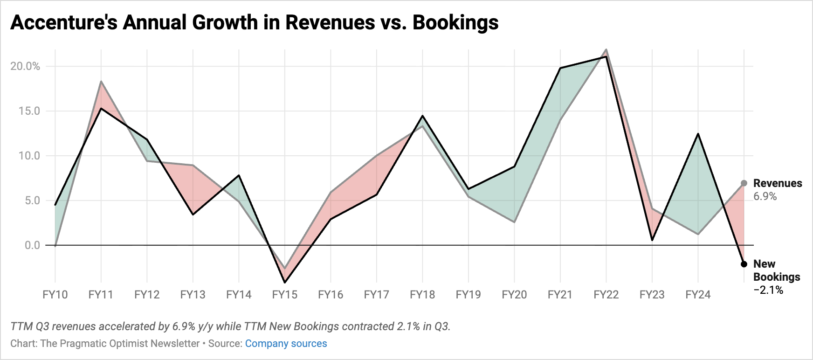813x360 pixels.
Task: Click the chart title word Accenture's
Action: [64, 22]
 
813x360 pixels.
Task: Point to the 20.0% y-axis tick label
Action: [25, 66]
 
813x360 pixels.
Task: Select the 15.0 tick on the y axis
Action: [29, 111]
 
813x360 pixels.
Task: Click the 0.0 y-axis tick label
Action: [32, 245]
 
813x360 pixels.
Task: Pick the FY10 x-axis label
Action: [55, 295]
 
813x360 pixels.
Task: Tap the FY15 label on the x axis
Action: [284, 295]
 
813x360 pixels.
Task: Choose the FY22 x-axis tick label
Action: [606, 295]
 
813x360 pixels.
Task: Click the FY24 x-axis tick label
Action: [698, 295]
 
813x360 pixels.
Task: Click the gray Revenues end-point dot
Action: [744, 183]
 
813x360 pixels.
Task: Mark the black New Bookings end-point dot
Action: [744, 264]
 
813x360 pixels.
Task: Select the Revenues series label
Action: [778, 183]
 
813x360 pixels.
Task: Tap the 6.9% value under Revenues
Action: [765, 196]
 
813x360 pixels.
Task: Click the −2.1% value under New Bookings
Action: [768, 290]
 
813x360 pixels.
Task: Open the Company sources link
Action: [286, 344]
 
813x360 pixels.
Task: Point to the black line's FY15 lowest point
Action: [284, 282]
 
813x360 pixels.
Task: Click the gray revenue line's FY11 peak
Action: [101, 82]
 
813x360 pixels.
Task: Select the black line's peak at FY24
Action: [698, 134]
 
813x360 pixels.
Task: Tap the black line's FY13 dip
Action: [193, 214]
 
